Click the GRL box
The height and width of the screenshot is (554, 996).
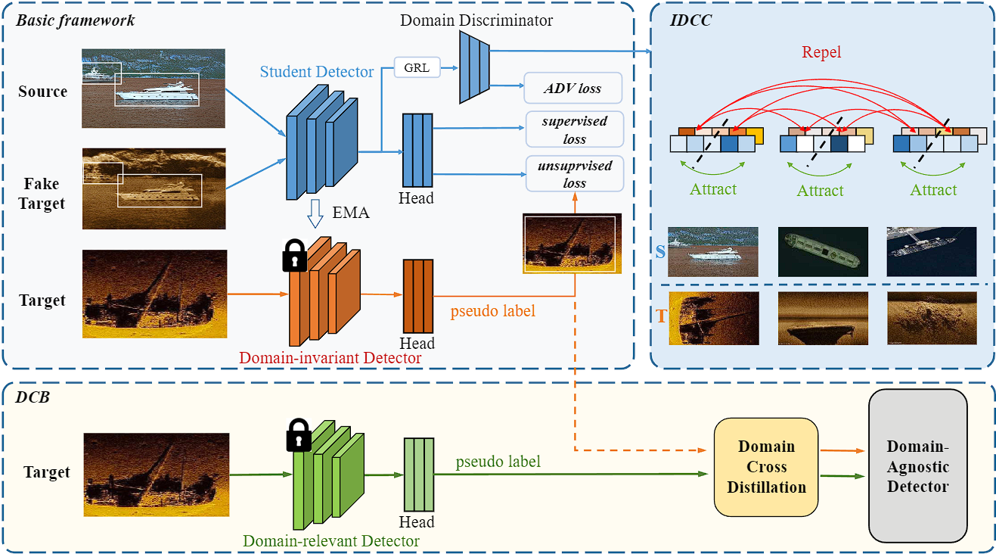coord(417,68)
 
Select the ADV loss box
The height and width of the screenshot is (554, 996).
coord(573,89)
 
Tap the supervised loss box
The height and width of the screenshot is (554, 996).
coord(575,130)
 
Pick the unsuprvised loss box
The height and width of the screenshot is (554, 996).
coord(575,174)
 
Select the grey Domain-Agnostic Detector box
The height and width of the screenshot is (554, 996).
coord(918,465)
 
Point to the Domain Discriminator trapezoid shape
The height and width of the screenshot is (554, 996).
coord(475,67)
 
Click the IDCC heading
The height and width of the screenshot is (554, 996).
coord(690,20)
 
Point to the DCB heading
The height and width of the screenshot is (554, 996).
coord(33,397)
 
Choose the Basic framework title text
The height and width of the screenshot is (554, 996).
coord(76,20)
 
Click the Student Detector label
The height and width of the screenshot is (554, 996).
coord(317,72)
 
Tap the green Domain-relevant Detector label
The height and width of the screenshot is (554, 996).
coord(330,540)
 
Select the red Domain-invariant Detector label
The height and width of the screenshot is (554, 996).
coord(330,357)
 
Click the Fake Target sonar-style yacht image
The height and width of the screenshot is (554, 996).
coord(154,188)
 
